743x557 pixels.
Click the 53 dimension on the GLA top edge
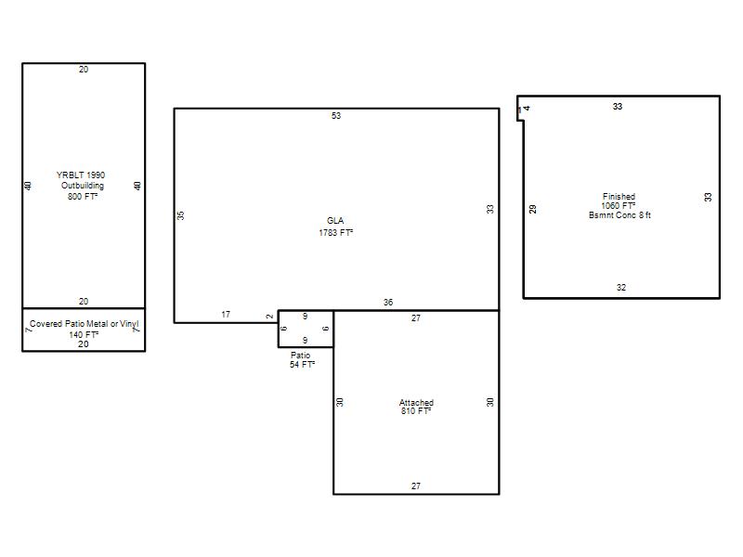[x=336, y=115]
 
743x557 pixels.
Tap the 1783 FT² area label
[x=335, y=233]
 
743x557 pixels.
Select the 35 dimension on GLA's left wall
[x=180, y=215]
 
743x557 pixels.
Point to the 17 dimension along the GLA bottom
[x=226, y=314]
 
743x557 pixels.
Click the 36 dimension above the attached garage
[x=388, y=303]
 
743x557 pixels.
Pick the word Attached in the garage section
[x=416, y=403]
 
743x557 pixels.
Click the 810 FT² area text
[x=416, y=411]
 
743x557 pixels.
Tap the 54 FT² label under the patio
[x=303, y=364]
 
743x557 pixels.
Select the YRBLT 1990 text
[x=81, y=175]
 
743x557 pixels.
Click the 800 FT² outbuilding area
[x=83, y=196]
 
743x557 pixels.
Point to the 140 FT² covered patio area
[x=84, y=334]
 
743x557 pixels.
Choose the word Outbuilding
[x=83, y=185]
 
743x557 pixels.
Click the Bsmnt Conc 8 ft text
[x=619, y=215]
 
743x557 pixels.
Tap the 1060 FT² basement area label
[x=619, y=205]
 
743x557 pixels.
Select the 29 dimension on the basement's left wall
[x=532, y=209]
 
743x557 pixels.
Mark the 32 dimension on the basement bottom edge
[x=621, y=288]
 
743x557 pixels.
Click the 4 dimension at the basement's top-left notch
[x=527, y=109]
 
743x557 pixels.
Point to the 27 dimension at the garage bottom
[x=415, y=486]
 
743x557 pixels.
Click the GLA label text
[x=335, y=221]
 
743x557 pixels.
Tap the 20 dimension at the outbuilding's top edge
[x=84, y=69]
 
